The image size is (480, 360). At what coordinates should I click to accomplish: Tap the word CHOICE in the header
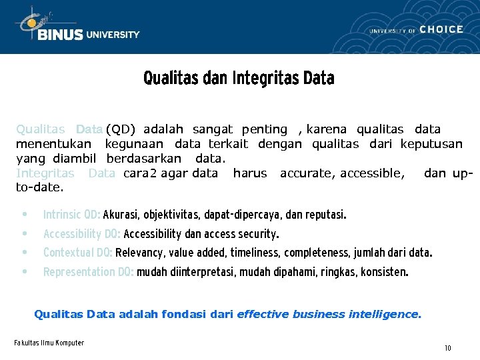click(x=441, y=29)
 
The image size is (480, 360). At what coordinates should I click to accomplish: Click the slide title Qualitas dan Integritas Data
click(x=239, y=79)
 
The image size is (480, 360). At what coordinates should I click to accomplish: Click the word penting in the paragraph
click(x=264, y=129)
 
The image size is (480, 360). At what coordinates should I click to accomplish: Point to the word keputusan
click(x=431, y=144)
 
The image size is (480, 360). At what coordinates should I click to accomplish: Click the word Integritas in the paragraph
click(x=45, y=173)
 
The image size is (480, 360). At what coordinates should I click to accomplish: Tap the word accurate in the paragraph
click(x=307, y=173)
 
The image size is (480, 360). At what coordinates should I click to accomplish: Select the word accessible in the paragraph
click(x=372, y=173)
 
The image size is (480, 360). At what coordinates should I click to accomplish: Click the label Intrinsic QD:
click(x=71, y=215)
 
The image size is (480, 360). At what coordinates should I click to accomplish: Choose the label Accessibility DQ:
click(x=82, y=234)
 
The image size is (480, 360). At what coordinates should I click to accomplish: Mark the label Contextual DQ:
click(x=77, y=253)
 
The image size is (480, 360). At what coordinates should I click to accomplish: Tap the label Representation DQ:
click(x=89, y=272)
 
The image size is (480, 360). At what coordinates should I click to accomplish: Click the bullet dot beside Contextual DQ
click(x=25, y=253)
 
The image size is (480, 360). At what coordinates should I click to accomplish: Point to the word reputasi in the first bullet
click(x=325, y=215)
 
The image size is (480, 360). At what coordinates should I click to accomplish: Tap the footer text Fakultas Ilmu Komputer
click(x=49, y=343)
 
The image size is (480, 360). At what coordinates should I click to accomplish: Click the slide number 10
click(x=448, y=348)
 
